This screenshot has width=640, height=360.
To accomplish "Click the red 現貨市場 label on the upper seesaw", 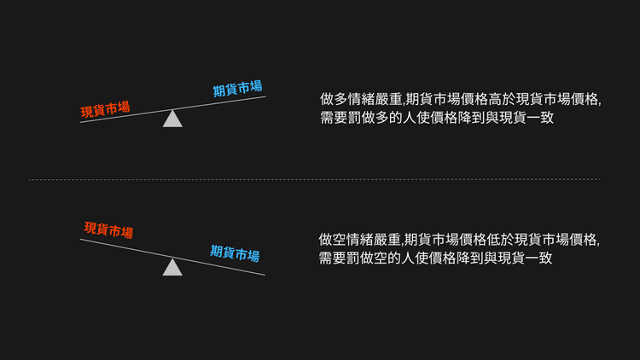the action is (105, 109).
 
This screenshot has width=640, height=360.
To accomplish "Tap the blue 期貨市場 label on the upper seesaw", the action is (237, 88).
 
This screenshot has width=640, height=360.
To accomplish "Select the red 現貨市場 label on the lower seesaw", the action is (108, 230).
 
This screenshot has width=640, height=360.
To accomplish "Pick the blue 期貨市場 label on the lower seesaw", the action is (236, 253).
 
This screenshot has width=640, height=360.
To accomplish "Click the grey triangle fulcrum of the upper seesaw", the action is (172, 119).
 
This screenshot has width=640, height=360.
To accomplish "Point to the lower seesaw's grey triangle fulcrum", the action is (172, 267).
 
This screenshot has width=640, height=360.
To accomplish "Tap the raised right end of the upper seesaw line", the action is (265, 96).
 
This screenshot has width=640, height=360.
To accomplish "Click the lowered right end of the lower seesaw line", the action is (265, 275).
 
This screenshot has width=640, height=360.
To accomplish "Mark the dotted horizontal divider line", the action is (314, 179).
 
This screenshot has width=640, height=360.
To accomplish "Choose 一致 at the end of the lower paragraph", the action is (539, 258).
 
